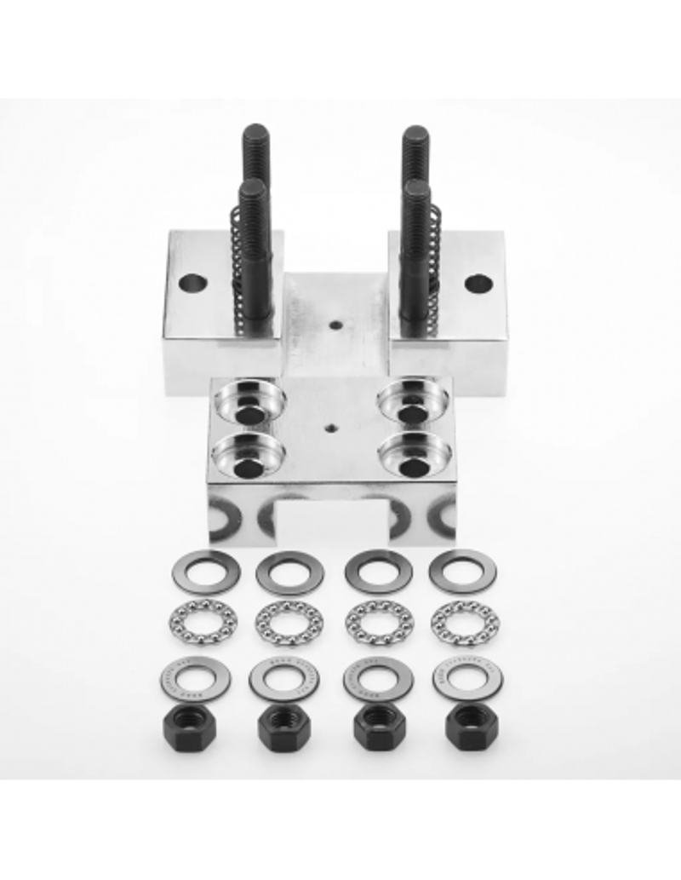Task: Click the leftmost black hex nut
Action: coord(187,726)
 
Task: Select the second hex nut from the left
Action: coord(283,727)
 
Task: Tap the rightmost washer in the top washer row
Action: coord(462,572)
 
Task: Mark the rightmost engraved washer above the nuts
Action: coord(467,678)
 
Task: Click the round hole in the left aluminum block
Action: coord(192,282)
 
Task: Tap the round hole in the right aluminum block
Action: coord(478,283)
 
